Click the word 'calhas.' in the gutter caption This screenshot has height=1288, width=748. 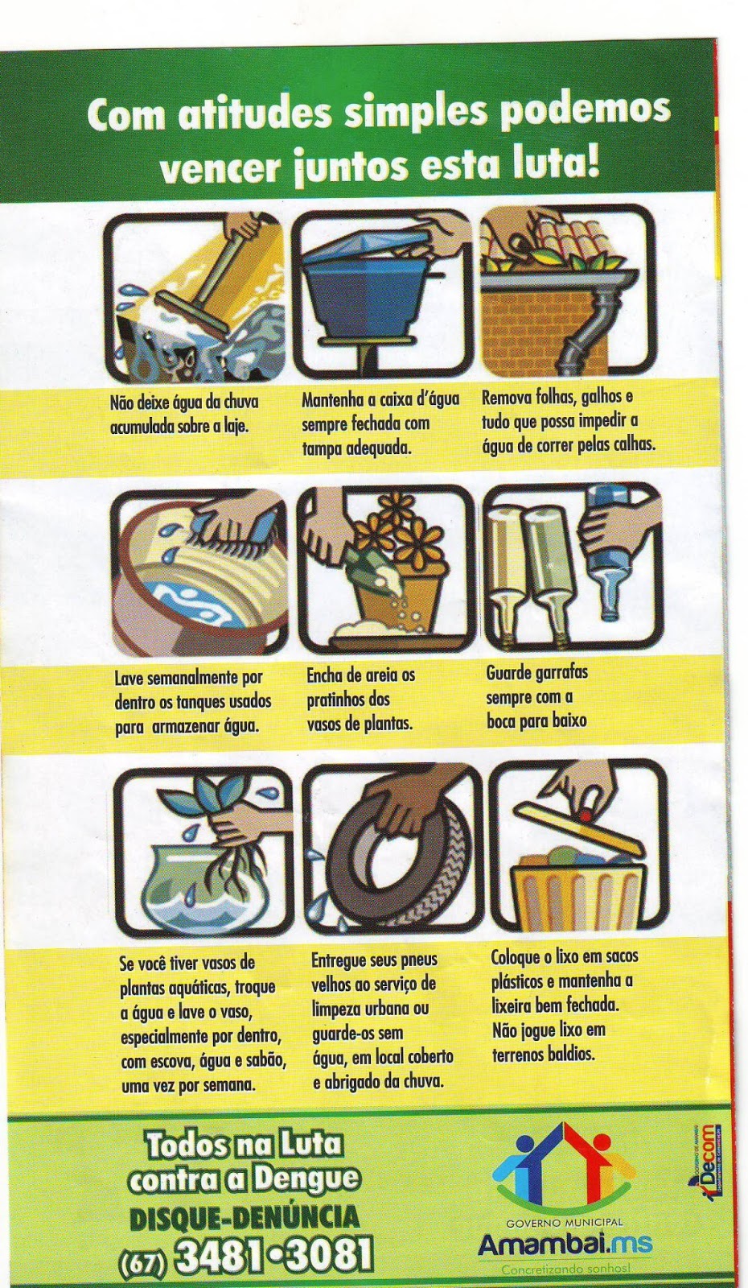tap(630, 444)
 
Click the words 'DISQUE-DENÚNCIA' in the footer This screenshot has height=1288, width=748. tap(245, 1219)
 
